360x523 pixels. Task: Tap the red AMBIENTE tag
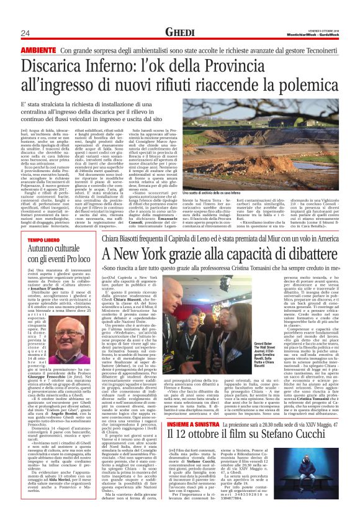click(38, 50)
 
